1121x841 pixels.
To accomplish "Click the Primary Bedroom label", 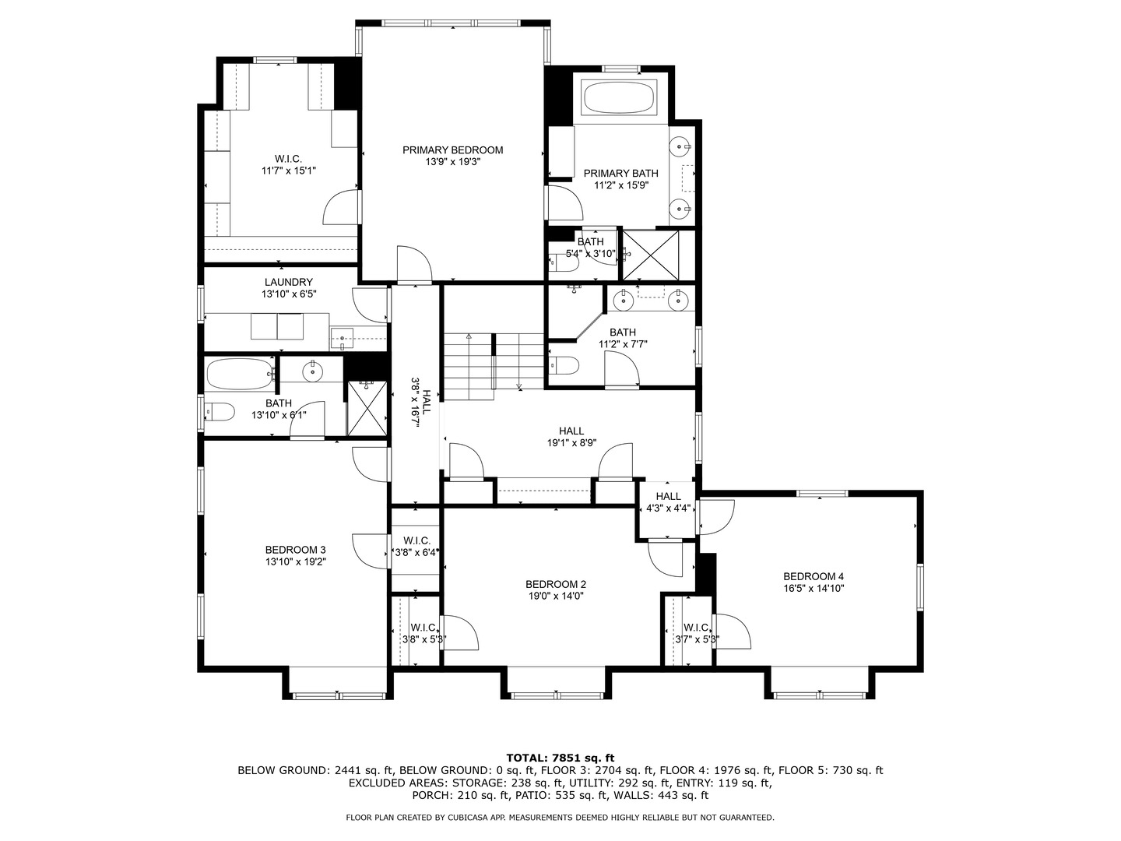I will click(452, 150).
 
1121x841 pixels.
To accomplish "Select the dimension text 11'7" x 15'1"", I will click(288, 171).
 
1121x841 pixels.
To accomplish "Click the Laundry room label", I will click(288, 282).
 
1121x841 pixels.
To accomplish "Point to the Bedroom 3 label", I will click(290, 550).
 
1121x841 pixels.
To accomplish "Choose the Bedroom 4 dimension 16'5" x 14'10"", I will click(814, 589).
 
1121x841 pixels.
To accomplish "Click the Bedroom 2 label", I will click(555, 584).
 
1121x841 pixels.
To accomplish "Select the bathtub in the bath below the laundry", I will click(240, 374).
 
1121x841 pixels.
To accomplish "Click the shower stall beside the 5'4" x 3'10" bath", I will click(650, 255).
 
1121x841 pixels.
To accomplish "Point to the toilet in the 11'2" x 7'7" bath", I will click(564, 365).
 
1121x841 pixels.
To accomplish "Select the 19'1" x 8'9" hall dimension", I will click(571, 443).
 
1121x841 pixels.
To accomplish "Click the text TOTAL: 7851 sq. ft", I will click(560, 757).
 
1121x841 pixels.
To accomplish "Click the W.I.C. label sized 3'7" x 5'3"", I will click(696, 628).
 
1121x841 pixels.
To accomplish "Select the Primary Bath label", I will click(620, 173).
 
